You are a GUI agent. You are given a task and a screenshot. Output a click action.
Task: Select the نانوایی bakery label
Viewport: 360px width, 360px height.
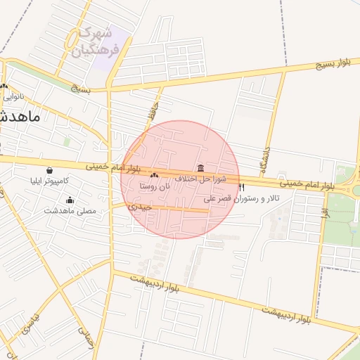13,96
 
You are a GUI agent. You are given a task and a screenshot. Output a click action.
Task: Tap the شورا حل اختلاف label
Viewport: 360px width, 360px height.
201,179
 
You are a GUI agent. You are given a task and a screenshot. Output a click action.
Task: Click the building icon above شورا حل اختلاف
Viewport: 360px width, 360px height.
202,168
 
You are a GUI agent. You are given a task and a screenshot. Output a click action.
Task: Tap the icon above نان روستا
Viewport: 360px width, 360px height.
155,175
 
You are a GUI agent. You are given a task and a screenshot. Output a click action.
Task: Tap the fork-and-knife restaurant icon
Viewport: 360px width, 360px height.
242,188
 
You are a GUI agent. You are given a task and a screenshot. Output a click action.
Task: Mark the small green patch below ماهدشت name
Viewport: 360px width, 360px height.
67,141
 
